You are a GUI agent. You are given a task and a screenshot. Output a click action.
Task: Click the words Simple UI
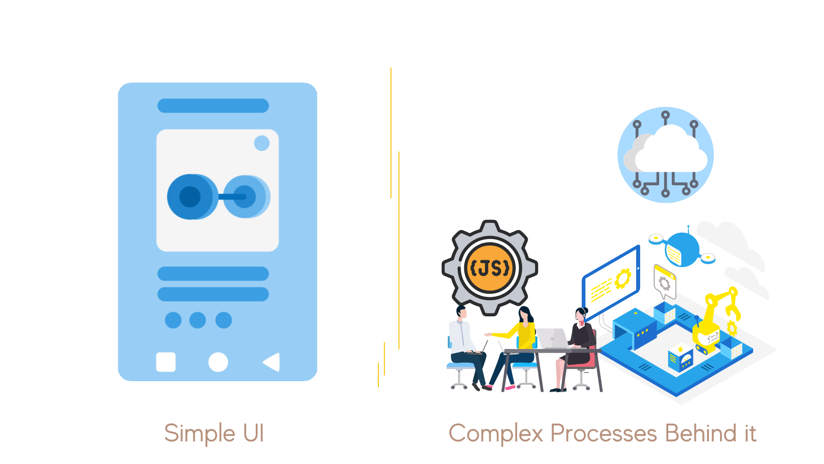pyautogui.click(x=214, y=433)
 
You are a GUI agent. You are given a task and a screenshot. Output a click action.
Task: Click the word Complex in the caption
pyautogui.click(x=495, y=433)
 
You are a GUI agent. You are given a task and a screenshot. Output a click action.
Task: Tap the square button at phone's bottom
pyautogui.click(x=166, y=362)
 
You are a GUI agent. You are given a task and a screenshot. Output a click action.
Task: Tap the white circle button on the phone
pyautogui.click(x=218, y=362)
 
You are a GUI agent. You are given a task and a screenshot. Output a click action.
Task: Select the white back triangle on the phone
pyautogui.click(x=272, y=362)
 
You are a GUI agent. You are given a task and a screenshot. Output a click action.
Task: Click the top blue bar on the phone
pyautogui.click(x=213, y=105)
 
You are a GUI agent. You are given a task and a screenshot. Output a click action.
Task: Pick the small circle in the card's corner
pyautogui.click(x=262, y=143)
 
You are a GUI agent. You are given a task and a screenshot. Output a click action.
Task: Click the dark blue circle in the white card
pyautogui.click(x=190, y=197)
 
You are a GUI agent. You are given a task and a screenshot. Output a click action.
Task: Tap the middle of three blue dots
pyautogui.click(x=197, y=320)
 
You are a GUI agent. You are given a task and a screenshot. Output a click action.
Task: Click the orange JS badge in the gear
pyautogui.click(x=490, y=268)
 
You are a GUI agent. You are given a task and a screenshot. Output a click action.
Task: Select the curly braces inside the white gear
pyautogui.click(x=562, y=212)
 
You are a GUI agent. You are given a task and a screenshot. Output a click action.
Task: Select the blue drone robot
pyautogui.click(x=682, y=250)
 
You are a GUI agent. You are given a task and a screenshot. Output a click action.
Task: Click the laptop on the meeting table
pyautogui.click(x=553, y=338)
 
